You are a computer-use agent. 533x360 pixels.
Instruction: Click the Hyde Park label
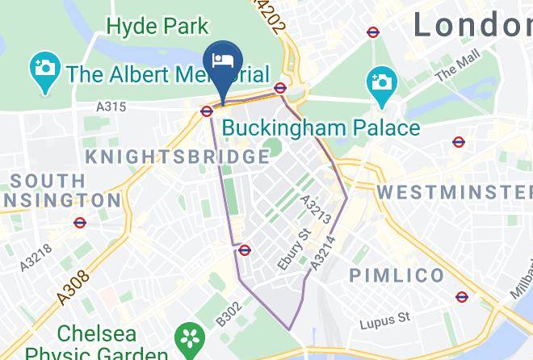point(158,26)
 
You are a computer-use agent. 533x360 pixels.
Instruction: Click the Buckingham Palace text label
point(321,128)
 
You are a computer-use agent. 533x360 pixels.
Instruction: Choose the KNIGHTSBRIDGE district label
point(177,157)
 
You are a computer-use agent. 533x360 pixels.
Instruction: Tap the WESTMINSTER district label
point(455,192)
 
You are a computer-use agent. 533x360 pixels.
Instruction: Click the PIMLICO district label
point(397,276)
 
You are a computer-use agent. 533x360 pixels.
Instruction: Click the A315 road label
point(110,107)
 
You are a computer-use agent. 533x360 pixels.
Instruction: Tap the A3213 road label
point(314,209)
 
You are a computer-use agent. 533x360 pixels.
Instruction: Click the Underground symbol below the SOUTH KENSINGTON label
point(80,223)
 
